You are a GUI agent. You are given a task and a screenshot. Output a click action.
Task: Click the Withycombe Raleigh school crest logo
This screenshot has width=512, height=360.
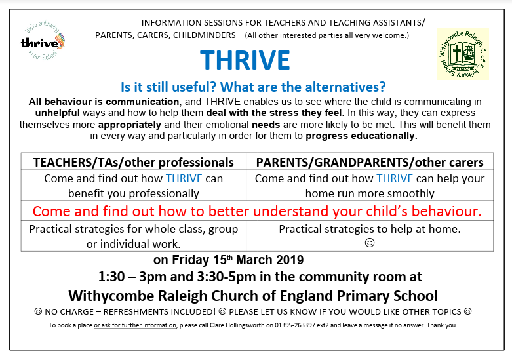point(463,54)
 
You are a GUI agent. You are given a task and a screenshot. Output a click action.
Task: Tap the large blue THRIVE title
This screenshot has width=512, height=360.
point(245,60)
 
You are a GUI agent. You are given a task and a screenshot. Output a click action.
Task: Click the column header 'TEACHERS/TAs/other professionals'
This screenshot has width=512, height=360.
point(133,163)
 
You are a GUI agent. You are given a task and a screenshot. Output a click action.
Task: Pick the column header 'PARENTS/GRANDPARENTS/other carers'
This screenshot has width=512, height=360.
point(370,163)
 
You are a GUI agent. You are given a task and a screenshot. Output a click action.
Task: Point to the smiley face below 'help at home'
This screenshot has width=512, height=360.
point(370,243)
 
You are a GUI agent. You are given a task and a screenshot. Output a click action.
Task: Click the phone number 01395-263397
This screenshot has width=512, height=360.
point(295,325)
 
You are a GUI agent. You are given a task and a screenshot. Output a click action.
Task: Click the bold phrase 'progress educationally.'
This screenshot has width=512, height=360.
point(361,136)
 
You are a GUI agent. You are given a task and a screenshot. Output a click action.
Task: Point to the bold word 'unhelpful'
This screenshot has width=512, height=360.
point(58,113)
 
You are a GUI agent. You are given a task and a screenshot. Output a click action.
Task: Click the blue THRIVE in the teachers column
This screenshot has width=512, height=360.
point(184,178)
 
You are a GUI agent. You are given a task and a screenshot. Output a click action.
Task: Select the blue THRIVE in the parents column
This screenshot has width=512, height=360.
point(395,178)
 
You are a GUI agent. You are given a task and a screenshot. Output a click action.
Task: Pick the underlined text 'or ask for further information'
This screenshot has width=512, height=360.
point(135,325)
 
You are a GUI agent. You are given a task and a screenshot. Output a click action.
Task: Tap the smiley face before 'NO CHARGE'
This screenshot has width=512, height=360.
point(38,311)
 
